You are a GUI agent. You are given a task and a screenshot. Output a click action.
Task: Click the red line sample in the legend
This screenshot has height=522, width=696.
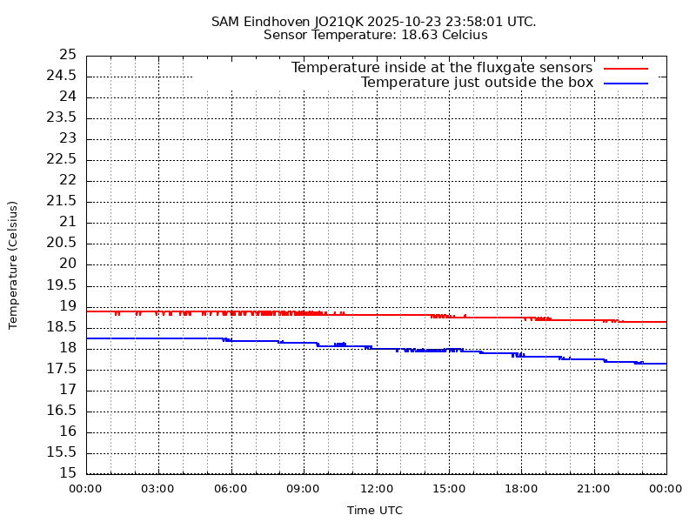click(x=626, y=68)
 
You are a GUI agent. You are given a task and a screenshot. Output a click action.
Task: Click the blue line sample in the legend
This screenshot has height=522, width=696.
click(x=626, y=83)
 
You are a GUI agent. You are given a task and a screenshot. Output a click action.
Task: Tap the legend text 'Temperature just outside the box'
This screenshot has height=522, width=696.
click(x=477, y=83)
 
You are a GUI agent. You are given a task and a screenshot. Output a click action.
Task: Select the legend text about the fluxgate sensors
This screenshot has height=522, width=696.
click(x=442, y=68)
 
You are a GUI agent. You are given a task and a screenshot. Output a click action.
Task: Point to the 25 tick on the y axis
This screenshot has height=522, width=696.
click(x=68, y=55)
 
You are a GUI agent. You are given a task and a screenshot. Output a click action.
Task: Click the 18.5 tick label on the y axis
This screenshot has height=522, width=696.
click(x=63, y=327)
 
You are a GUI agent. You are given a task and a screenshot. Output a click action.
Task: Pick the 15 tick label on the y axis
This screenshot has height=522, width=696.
click(x=68, y=473)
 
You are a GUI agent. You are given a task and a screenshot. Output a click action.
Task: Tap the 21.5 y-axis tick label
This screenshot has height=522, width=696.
click(x=63, y=201)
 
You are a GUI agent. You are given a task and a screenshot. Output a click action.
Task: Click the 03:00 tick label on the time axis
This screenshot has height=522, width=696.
click(x=157, y=489)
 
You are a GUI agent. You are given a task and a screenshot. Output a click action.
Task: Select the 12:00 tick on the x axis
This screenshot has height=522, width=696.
click(x=376, y=489)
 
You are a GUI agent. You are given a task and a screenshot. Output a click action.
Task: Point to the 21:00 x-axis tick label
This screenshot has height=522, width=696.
click(x=593, y=489)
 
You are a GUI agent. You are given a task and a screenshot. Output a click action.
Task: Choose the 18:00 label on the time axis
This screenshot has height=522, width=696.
click(x=521, y=489)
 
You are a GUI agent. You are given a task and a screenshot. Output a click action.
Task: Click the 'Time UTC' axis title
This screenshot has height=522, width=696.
click(x=375, y=511)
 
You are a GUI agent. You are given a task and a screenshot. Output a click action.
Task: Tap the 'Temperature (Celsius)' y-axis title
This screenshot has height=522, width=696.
click(x=13, y=264)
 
